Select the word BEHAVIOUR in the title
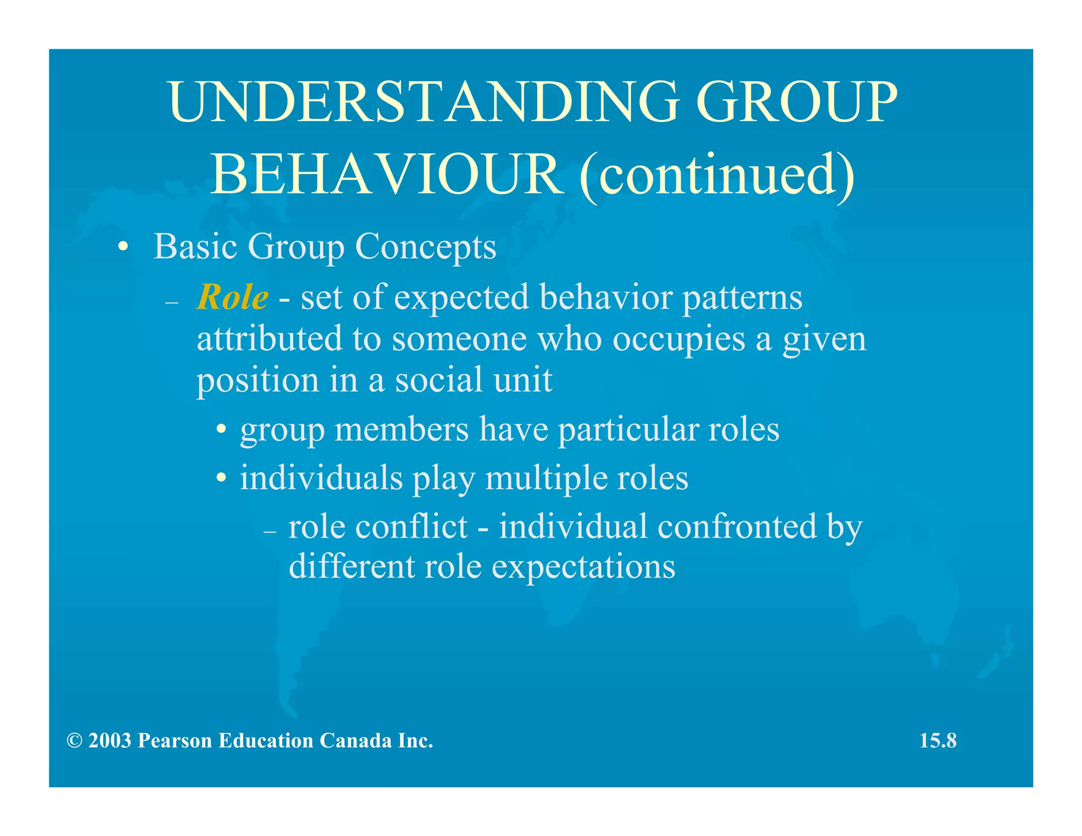click(x=387, y=175)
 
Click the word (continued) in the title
click(x=716, y=175)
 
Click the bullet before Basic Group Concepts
click(x=123, y=247)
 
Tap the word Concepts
click(x=425, y=247)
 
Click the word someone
click(x=459, y=339)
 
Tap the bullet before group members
click(x=222, y=430)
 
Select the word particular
click(x=628, y=430)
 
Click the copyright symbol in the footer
click(x=74, y=741)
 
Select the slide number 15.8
click(x=938, y=741)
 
